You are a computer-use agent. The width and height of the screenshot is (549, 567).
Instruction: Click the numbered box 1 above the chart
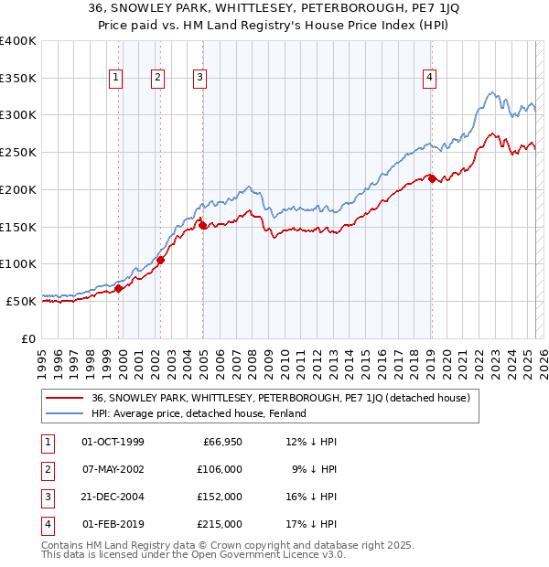pyautogui.click(x=117, y=79)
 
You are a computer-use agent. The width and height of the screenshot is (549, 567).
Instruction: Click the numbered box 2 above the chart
pyautogui.click(x=158, y=79)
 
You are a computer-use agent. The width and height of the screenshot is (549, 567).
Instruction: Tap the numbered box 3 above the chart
pyautogui.click(x=199, y=79)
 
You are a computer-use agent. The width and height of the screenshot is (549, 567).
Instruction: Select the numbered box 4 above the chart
pyautogui.click(x=429, y=79)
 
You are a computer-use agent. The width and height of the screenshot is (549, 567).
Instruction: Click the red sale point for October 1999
pyautogui.click(x=118, y=288)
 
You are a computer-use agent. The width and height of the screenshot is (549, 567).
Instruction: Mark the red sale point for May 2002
pyautogui.click(x=160, y=260)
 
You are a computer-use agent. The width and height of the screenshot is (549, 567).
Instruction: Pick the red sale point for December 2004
pyautogui.click(x=202, y=226)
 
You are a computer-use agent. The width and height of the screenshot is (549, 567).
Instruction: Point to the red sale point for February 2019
pyautogui.click(x=432, y=179)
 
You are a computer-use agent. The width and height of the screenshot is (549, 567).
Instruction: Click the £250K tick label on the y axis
pyautogui.click(x=18, y=152)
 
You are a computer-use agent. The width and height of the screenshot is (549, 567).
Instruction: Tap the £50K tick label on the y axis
pyautogui.click(x=22, y=300)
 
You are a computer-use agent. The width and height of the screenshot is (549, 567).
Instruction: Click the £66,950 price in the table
pyautogui.click(x=221, y=443)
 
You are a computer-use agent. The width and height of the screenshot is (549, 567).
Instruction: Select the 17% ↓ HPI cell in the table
pyautogui.click(x=311, y=525)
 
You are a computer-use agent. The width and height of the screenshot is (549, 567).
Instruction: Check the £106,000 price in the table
pyautogui.click(x=220, y=470)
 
